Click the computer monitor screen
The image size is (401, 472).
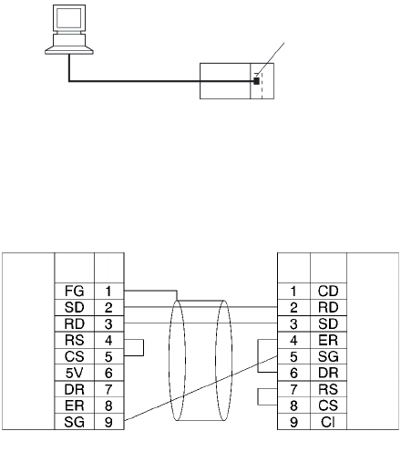(x=69, y=18)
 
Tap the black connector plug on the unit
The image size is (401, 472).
(x=256, y=81)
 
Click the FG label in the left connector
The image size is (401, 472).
(x=74, y=291)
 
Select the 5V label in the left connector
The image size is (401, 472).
(x=74, y=373)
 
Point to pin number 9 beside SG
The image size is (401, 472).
(x=108, y=422)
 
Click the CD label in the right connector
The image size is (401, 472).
(x=328, y=291)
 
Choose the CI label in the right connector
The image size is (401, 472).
(x=328, y=422)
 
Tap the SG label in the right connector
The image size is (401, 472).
(x=328, y=356)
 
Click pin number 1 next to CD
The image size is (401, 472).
(x=293, y=291)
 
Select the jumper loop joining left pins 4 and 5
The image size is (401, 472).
(x=143, y=347)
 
